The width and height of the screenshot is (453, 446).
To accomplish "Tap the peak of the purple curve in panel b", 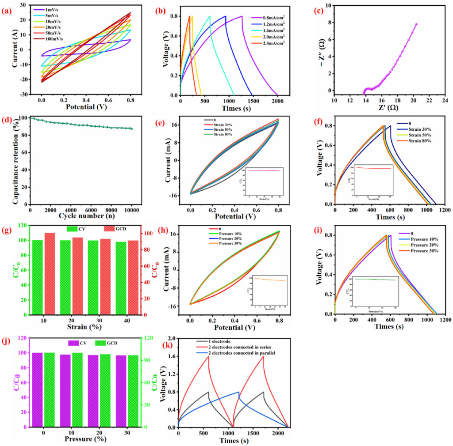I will (x=242, y=16).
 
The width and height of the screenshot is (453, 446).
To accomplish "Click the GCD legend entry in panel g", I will (x=118, y=228).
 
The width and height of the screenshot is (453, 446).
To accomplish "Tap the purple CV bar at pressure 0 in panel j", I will (x=37, y=389).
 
